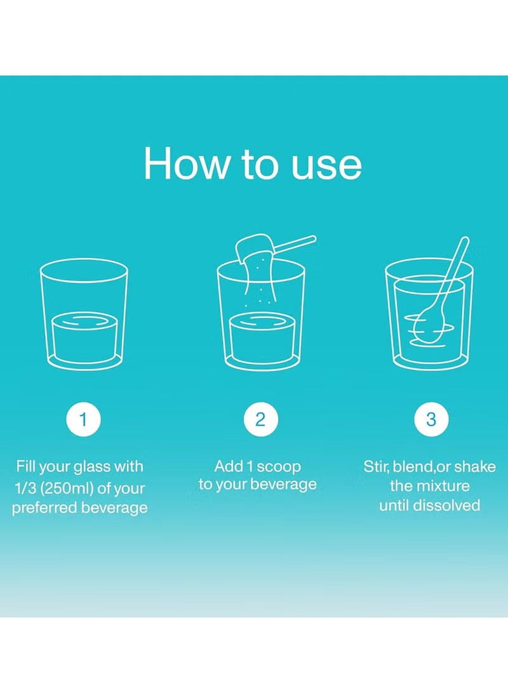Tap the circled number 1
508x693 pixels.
pos(83,419)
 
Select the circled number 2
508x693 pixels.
pos(260,419)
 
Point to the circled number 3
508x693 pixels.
pos(431,419)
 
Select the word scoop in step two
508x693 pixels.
pos(279,467)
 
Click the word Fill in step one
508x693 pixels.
pos(25,466)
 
